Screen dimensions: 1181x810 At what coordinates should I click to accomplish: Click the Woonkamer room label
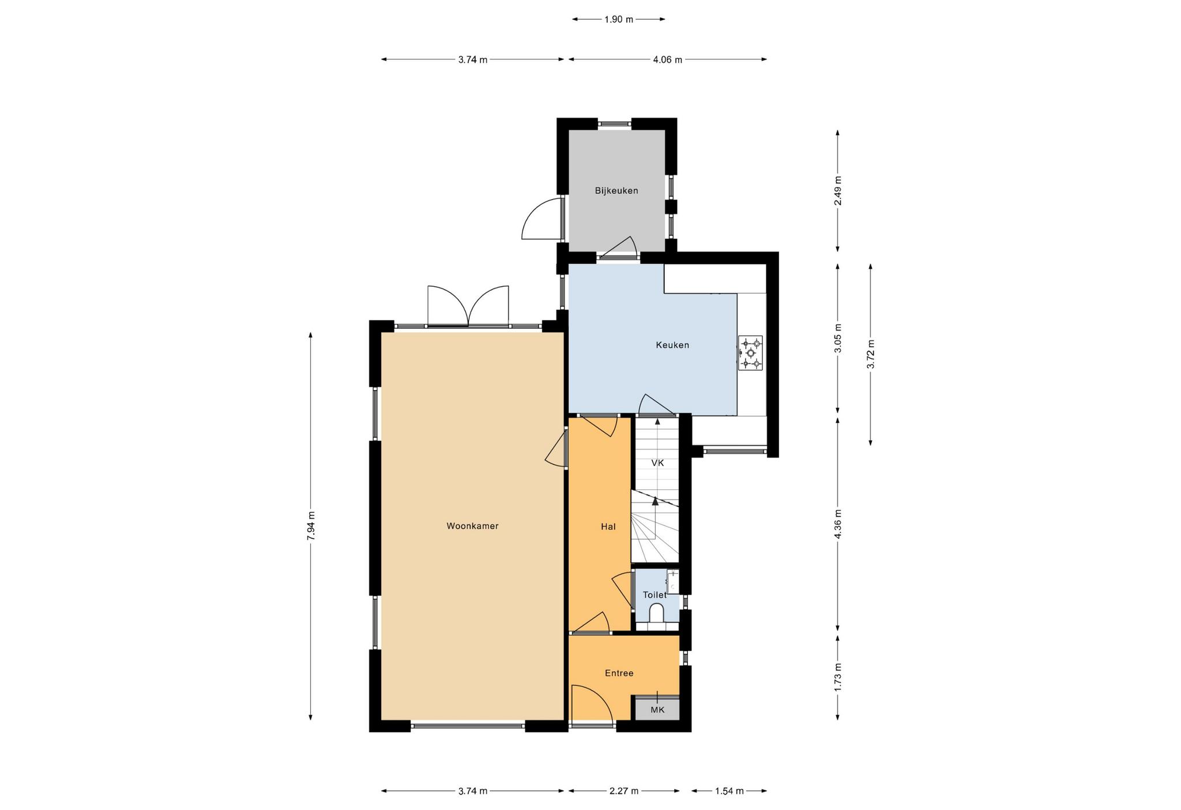click(x=472, y=526)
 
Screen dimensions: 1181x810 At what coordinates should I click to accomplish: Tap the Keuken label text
click(x=672, y=345)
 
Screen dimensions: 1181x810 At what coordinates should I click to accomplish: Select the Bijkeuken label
click(x=616, y=190)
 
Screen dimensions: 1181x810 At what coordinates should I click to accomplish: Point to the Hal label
click(x=608, y=526)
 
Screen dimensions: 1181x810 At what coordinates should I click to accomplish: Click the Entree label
click(x=619, y=673)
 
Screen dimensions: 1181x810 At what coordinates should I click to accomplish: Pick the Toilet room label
click(x=655, y=595)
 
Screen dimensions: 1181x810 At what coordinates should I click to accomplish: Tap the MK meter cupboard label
click(x=657, y=710)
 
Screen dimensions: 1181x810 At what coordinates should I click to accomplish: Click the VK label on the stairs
click(x=657, y=463)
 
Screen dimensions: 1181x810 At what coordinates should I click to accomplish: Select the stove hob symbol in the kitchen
click(x=750, y=353)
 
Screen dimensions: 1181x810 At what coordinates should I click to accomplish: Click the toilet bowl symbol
click(x=657, y=613)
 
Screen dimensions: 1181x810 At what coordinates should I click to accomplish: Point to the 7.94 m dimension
click(x=311, y=526)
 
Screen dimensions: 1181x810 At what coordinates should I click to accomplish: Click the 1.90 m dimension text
click(x=619, y=20)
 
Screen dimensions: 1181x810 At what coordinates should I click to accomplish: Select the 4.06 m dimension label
click(x=668, y=59)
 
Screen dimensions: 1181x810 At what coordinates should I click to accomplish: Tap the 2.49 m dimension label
click(x=838, y=190)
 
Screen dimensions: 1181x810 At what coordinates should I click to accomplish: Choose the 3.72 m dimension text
click(x=871, y=354)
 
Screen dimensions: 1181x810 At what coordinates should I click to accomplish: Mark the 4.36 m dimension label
click(x=838, y=524)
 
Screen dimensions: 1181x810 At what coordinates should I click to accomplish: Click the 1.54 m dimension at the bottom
click(x=729, y=791)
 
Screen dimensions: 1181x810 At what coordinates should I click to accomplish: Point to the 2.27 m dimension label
click(x=624, y=791)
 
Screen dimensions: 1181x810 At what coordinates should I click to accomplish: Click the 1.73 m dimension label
click(x=838, y=677)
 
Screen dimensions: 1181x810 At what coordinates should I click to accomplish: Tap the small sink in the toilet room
click(x=673, y=582)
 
